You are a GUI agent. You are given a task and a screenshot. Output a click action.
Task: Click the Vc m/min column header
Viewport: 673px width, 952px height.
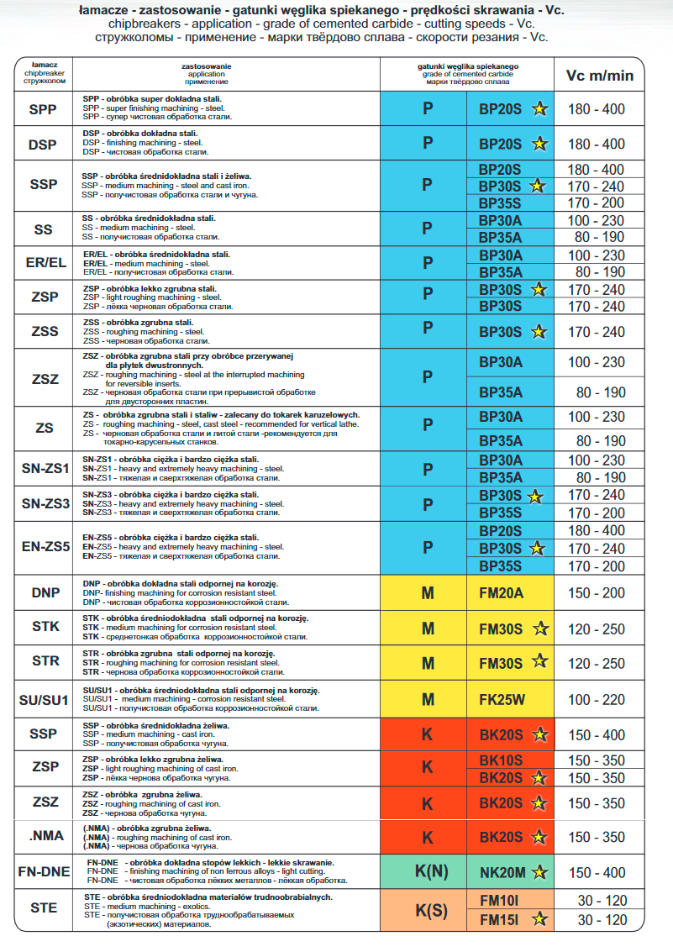click(599, 76)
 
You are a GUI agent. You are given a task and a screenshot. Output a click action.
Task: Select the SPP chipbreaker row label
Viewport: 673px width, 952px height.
click(43, 109)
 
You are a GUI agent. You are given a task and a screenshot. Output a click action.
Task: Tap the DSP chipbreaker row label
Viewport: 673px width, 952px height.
click(43, 145)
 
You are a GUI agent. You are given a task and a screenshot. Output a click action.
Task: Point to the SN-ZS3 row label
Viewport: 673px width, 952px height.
click(45, 504)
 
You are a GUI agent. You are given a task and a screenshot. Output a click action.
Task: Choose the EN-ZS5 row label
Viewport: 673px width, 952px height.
click(45, 548)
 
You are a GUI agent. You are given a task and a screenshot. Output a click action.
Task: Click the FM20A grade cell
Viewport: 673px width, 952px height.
click(501, 593)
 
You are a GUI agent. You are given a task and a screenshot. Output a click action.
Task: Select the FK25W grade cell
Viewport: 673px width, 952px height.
click(501, 699)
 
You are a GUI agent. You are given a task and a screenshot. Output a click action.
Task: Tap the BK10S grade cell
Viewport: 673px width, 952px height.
click(501, 760)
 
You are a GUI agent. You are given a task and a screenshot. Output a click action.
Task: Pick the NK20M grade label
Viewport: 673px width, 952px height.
click(502, 873)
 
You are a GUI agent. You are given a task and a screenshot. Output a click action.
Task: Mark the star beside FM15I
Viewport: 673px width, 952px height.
click(539, 919)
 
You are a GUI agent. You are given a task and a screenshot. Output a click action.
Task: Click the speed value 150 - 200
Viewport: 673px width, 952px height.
click(597, 593)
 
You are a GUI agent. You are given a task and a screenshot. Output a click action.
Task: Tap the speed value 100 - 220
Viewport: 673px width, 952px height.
click(597, 699)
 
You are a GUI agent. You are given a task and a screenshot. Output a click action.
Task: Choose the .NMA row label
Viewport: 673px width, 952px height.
click(45, 836)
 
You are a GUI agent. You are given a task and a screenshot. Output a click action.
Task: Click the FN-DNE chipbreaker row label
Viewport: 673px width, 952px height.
click(45, 871)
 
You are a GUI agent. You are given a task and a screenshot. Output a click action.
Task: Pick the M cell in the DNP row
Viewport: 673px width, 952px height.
click(428, 593)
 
